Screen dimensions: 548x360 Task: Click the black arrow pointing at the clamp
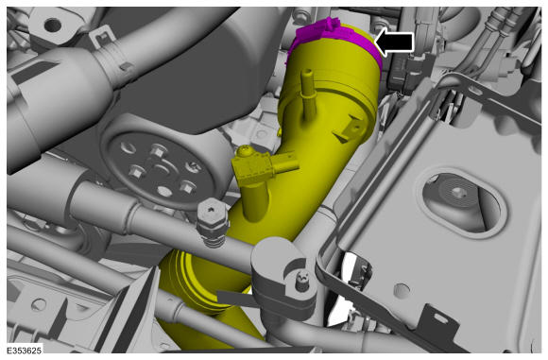[394, 42]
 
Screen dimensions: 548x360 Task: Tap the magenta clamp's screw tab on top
[330, 25]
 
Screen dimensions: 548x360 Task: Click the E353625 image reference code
[25, 351]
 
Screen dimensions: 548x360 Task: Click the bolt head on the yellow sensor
[245, 151]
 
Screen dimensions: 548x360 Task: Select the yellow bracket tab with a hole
[351, 130]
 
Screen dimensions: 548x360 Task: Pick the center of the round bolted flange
[162, 168]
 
